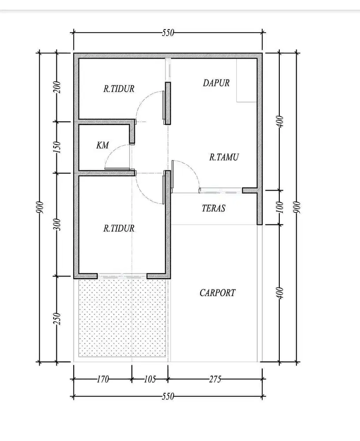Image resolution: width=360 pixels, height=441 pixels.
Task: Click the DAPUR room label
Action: point(216,83)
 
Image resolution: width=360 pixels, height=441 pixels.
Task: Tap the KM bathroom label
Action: point(102,145)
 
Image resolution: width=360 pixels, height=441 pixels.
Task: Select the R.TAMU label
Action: point(224,157)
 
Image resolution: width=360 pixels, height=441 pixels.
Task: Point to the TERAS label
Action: point(213,208)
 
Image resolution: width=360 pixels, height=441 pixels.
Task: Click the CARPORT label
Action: point(217,293)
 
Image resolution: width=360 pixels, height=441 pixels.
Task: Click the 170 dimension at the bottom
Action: point(103,379)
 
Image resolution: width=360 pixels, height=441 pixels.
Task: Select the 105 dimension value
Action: point(150,379)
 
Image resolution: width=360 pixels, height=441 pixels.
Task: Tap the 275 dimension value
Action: point(215,379)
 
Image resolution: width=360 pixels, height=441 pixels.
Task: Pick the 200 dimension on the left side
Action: point(57,87)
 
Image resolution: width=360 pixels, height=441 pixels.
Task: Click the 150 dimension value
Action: point(57,147)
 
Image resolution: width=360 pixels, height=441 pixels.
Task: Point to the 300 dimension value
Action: point(57,224)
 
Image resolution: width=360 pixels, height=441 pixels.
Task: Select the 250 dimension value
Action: point(57,319)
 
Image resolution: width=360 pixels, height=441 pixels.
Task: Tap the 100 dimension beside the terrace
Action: point(280,207)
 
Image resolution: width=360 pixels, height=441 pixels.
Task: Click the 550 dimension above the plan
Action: point(168,33)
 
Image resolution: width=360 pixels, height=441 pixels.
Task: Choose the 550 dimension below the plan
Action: point(168,396)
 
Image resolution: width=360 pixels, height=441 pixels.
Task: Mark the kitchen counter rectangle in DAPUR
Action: point(246,80)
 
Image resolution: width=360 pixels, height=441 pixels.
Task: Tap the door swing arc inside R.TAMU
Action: point(190,168)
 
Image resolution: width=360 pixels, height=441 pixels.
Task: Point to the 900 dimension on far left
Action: point(39,207)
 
